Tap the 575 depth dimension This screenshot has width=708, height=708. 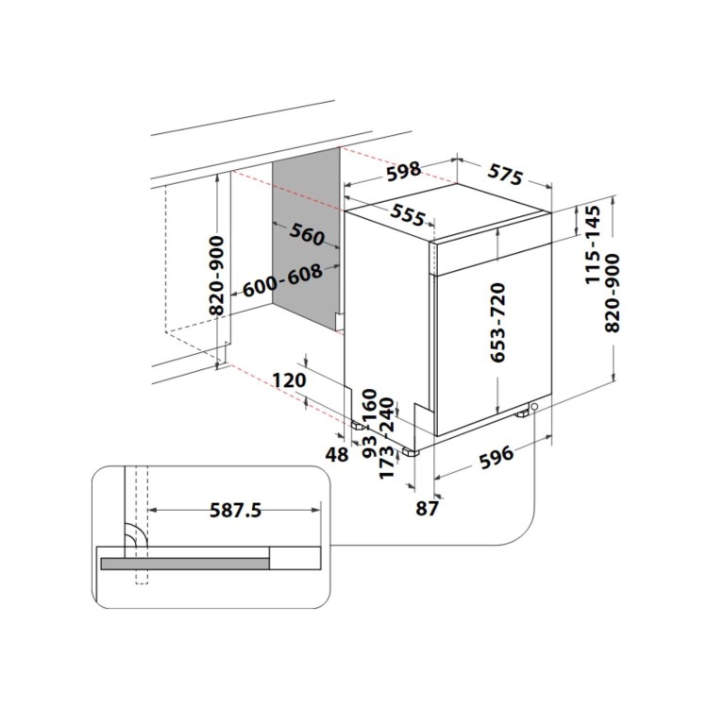[x=505, y=174]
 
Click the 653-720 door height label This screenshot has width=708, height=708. [x=498, y=322]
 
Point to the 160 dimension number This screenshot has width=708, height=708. [x=369, y=403]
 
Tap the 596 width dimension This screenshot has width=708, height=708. [x=497, y=456]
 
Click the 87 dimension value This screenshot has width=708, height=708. [x=428, y=509]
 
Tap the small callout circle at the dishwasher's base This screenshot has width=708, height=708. [x=535, y=407]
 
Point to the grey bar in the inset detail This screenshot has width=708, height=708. [x=185, y=564]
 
